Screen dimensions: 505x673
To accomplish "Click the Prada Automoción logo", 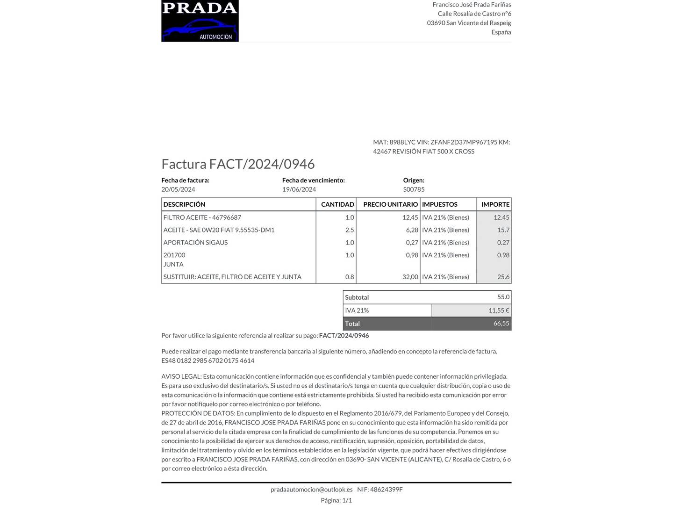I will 200,21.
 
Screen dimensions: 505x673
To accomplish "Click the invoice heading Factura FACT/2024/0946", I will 238,164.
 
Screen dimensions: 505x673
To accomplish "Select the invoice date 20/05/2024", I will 178,189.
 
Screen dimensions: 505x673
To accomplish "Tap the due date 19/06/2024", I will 299,189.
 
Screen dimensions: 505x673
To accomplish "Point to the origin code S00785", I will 414,189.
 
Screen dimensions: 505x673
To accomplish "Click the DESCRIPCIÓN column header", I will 184,204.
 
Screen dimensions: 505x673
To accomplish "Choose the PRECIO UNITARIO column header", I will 390,204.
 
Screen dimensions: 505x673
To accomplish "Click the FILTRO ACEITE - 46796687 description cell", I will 202,217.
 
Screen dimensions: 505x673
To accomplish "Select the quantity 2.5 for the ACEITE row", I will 350,230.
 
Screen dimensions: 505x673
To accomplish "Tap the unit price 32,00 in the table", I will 410,277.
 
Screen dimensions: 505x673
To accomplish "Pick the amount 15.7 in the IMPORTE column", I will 503,230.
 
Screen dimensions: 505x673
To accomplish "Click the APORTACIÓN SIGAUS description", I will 195,243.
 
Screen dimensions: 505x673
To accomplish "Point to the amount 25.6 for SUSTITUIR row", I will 503,277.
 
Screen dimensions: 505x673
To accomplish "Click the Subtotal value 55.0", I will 503,297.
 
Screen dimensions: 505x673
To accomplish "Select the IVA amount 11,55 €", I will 499,310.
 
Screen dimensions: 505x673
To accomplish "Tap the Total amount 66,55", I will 501,324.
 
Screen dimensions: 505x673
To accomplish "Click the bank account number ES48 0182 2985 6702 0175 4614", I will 208,361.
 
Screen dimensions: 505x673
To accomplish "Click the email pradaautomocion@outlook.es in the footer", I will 311,490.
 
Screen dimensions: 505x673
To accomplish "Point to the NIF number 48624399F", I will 386,490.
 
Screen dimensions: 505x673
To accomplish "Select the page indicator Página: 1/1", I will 336,500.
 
